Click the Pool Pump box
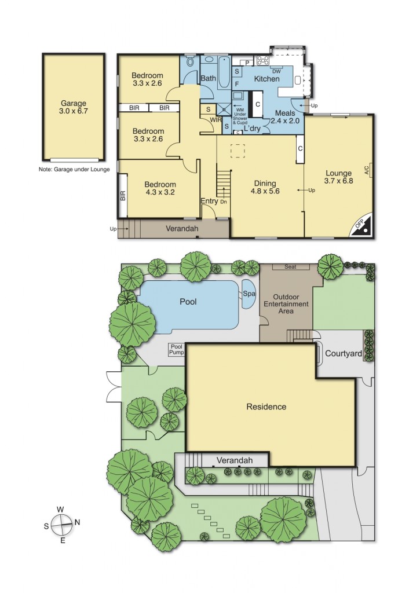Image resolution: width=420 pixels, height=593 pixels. pyautogui.click(x=176, y=350)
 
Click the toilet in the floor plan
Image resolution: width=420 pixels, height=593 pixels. pyautogui.click(x=191, y=63)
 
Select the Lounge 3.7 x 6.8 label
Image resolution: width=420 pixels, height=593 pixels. pyautogui.click(x=339, y=176)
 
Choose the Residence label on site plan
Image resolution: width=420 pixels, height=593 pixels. pyautogui.click(x=266, y=407)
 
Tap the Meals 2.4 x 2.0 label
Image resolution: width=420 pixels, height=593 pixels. pyautogui.click(x=286, y=117)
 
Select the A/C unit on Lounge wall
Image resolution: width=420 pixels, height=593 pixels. pyautogui.click(x=367, y=170)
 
